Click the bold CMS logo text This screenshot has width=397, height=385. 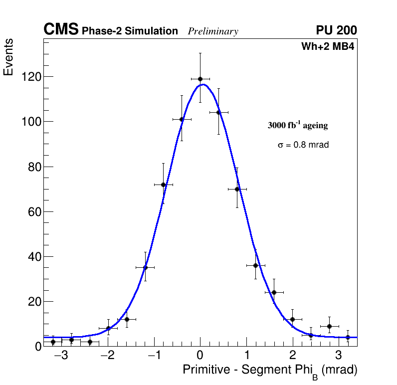(x=61, y=30)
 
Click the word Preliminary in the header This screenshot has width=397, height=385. (x=213, y=31)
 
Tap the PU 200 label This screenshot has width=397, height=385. (x=336, y=30)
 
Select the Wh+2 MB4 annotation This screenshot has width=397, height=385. (x=327, y=47)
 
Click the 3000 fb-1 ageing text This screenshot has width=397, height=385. (x=298, y=125)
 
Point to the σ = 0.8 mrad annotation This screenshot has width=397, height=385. (x=303, y=145)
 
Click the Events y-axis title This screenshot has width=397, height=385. (x=8, y=58)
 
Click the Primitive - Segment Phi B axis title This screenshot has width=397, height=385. (x=270, y=371)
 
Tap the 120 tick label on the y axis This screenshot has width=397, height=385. (x=31, y=77)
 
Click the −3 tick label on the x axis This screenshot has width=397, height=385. (x=60, y=356)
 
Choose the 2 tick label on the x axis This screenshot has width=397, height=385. (x=292, y=356)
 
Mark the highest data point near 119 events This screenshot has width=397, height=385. (x=200, y=79)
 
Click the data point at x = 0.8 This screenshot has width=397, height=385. (x=237, y=189)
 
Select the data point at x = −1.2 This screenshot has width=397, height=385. (x=145, y=267)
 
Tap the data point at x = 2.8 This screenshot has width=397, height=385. (x=329, y=326)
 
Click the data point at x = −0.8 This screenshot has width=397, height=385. (x=163, y=185)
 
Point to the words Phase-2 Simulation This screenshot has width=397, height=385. (x=130, y=31)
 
